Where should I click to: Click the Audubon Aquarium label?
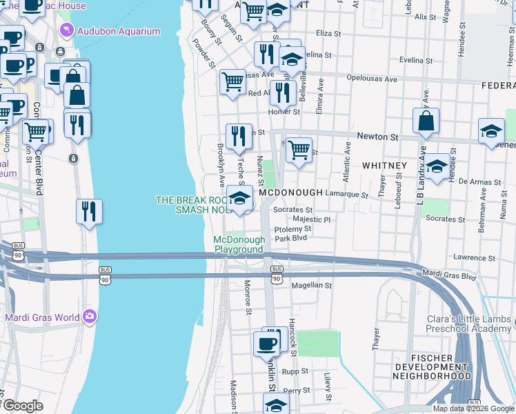click(x=119, y=31)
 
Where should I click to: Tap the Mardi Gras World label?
click(x=40, y=318)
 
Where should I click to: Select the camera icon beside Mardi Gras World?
click(x=89, y=317)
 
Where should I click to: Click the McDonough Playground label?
click(x=239, y=244)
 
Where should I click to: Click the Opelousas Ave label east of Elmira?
click(x=372, y=79)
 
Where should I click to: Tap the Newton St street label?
click(x=377, y=137)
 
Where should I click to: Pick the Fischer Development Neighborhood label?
click(x=433, y=367)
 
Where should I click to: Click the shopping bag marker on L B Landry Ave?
click(x=426, y=121)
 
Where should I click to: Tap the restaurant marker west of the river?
click(x=89, y=211)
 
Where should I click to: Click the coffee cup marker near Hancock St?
click(x=267, y=344)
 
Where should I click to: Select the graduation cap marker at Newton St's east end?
click(x=490, y=132)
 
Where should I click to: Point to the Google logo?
click(x=22, y=406)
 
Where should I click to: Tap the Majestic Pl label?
click(x=312, y=219)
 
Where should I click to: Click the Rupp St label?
click(x=299, y=371)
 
